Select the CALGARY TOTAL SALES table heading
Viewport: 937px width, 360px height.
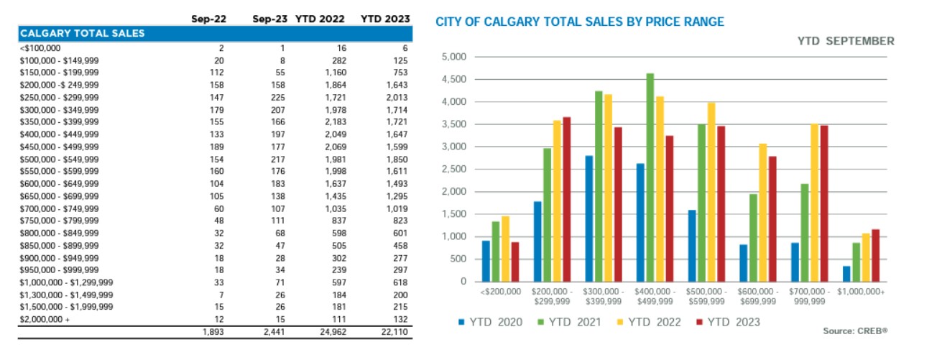click(x=82, y=33)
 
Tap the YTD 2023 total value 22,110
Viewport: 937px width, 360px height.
click(x=392, y=332)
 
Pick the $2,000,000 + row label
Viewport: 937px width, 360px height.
click(x=46, y=318)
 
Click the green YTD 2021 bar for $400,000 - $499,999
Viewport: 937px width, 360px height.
click(x=650, y=177)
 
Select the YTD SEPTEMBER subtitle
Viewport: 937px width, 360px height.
click(x=846, y=41)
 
